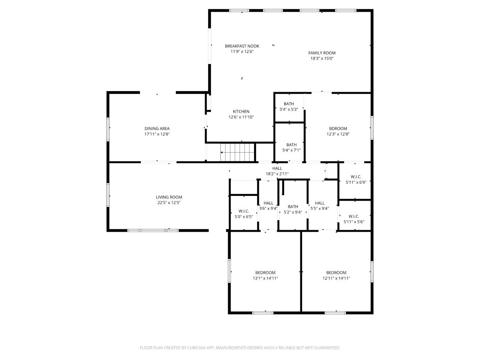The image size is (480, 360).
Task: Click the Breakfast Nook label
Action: click(x=242, y=46)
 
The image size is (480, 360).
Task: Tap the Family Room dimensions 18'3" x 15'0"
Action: click(x=322, y=58)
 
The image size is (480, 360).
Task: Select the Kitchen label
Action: click(x=241, y=111)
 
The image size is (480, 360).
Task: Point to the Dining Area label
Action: click(x=157, y=129)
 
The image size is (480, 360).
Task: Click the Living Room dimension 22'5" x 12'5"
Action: click(x=169, y=203)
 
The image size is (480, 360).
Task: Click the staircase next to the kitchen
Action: click(x=238, y=152)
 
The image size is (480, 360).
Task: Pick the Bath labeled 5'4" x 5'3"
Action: click(x=289, y=107)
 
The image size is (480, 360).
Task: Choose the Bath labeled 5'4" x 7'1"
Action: click(x=292, y=147)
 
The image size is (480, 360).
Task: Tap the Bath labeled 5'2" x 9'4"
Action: click(x=293, y=209)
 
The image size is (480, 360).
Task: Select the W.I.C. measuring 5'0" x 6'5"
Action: click(x=244, y=214)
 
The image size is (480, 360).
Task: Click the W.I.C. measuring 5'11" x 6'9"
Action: click(x=356, y=180)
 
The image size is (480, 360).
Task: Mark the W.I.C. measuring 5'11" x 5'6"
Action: click(x=354, y=219)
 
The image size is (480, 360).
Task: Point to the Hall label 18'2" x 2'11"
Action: click(x=277, y=171)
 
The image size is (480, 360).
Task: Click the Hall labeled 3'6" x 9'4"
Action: click(x=268, y=206)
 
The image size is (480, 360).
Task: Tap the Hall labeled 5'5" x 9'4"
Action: click(x=319, y=206)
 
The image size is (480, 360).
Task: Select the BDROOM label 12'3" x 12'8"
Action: click(x=338, y=132)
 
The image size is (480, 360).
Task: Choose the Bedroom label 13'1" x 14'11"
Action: click(x=265, y=276)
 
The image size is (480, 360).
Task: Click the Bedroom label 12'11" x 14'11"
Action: click(x=336, y=276)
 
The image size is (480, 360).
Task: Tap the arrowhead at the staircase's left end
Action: click(x=221, y=152)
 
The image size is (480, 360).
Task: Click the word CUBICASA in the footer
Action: click(x=196, y=348)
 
